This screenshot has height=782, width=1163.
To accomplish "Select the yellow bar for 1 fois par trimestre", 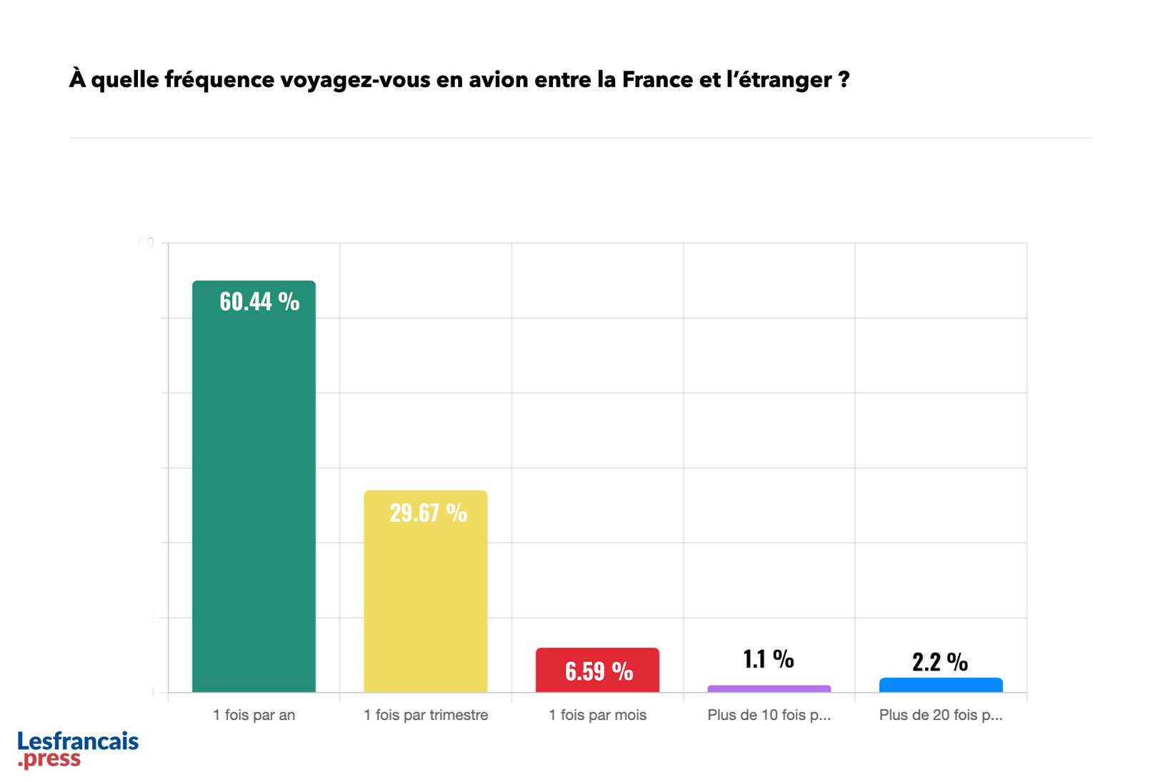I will [426, 600].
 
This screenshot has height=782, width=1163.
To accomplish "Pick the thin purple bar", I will [769, 688].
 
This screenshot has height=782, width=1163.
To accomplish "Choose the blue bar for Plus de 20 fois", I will [941, 685].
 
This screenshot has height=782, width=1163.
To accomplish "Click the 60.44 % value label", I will [259, 302].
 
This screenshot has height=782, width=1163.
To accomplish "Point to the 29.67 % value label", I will [428, 513].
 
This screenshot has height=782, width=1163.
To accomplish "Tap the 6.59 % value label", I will [599, 671].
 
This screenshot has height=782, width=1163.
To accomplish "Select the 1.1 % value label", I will [769, 659].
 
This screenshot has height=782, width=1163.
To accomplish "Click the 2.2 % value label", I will [940, 662].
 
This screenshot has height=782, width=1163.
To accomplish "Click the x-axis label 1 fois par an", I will [254, 715].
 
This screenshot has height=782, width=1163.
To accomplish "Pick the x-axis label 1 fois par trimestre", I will [426, 715].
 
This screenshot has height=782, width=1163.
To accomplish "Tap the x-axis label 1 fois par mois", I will [597, 715].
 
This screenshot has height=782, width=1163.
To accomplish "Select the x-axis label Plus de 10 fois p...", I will [769, 715].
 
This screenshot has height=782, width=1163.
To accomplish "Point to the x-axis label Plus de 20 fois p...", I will [941, 715].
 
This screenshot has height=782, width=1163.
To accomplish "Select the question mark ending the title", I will [844, 79].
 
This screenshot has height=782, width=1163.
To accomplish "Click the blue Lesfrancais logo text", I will [78, 741].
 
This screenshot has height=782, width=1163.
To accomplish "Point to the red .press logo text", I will [50, 759].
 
